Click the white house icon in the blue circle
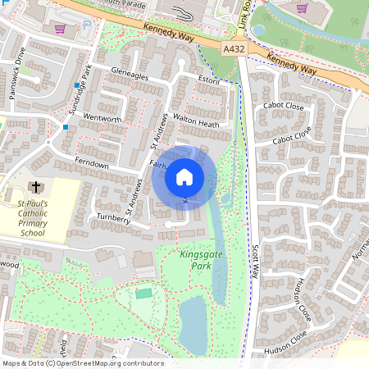click(x=184, y=177)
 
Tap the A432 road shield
click(x=235, y=50)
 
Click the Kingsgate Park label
click(x=199, y=260)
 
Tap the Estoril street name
click(x=210, y=80)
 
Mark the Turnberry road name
click(x=114, y=219)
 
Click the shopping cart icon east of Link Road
click(x=302, y=8)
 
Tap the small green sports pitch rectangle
click(x=144, y=293)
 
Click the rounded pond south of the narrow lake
click(x=193, y=324)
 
